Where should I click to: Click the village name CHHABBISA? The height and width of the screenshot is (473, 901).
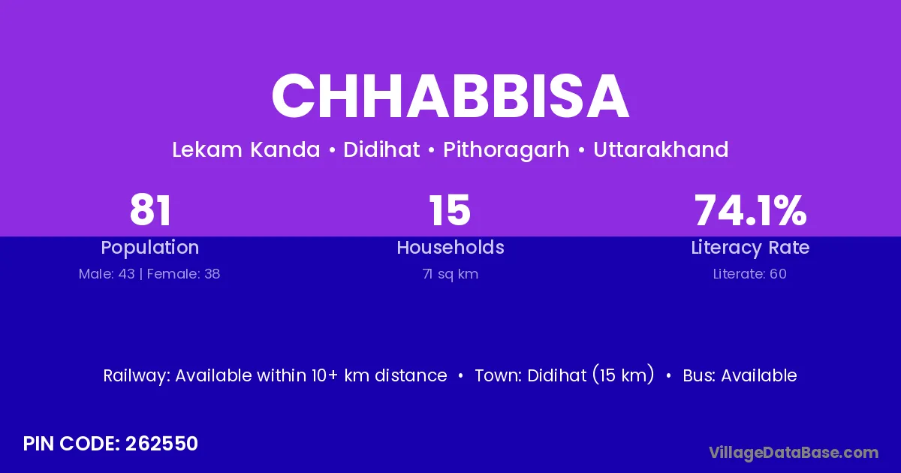pyautogui.click(x=450, y=96)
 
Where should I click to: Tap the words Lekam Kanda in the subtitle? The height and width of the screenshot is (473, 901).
pyautogui.click(x=246, y=149)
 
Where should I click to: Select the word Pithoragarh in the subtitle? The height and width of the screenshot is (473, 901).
pyautogui.click(x=506, y=150)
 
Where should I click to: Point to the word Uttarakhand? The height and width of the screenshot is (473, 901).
pyautogui.click(x=661, y=149)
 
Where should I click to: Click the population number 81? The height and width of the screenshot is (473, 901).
pyautogui.click(x=150, y=210)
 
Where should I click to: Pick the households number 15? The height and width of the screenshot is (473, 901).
pyautogui.click(x=450, y=210)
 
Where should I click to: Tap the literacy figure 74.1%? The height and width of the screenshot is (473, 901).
pyautogui.click(x=750, y=210)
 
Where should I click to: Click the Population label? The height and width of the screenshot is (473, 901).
pyautogui.click(x=150, y=248)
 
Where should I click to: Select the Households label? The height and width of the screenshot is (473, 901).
pyautogui.click(x=450, y=247)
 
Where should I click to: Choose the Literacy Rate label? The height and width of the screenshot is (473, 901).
pyautogui.click(x=750, y=248)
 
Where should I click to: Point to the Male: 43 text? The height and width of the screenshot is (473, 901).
pyautogui.click(x=107, y=274)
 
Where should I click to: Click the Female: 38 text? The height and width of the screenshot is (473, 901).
pyautogui.click(x=183, y=274)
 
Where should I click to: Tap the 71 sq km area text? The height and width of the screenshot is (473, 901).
pyautogui.click(x=450, y=274)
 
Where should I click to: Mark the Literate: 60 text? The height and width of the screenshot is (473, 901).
pyautogui.click(x=750, y=274)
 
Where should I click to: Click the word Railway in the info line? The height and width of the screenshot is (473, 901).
pyautogui.click(x=137, y=376)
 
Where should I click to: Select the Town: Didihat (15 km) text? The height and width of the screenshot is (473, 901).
pyautogui.click(x=565, y=375)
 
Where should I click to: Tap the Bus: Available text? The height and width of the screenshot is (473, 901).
pyautogui.click(x=740, y=375)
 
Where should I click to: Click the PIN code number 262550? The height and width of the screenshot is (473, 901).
pyautogui.click(x=161, y=444)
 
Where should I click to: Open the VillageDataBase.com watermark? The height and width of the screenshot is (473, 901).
pyautogui.click(x=794, y=453)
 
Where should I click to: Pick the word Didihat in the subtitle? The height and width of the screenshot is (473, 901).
pyautogui.click(x=381, y=149)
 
